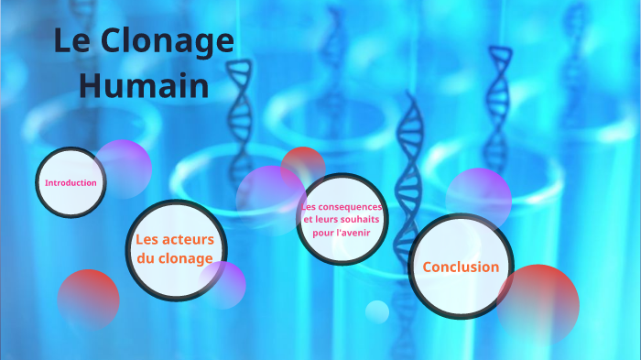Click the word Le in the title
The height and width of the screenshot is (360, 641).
(x=70, y=43)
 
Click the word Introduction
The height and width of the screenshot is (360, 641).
(x=71, y=183)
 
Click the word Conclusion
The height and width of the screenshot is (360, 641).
(x=460, y=267)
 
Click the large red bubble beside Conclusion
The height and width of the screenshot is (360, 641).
(x=540, y=302)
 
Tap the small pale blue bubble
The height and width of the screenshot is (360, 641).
(x=377, y=311)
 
